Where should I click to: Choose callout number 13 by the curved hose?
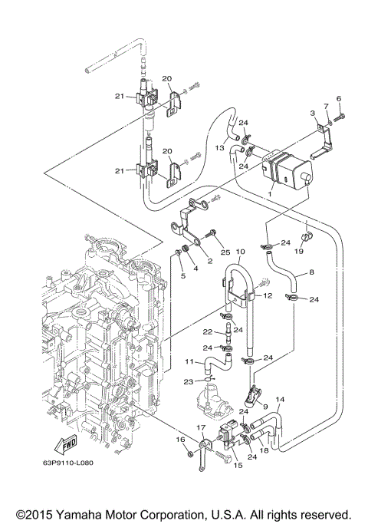[219, 147]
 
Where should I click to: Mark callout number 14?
[281, 400]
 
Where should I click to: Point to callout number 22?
[206, 331]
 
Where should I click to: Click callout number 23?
[188, 381]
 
